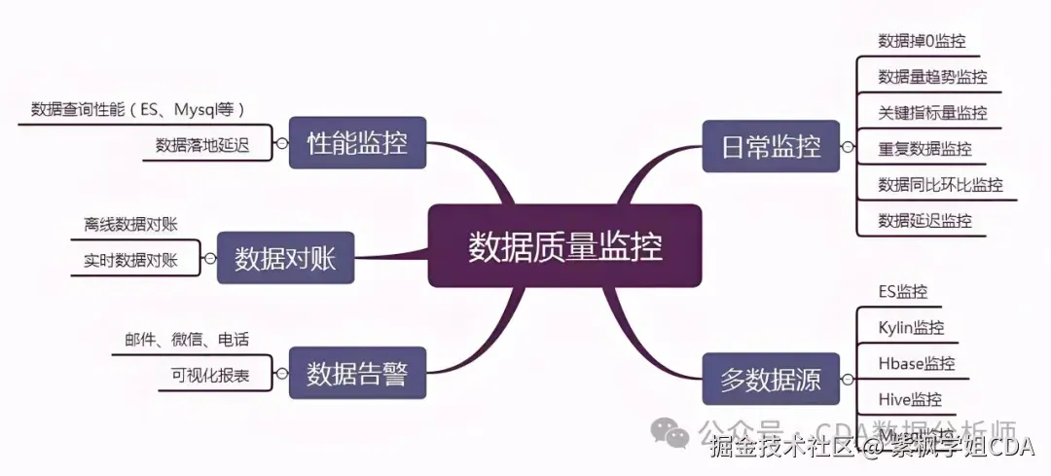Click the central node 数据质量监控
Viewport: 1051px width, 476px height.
tap(564, 246)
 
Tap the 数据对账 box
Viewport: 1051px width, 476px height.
tap(285, 259)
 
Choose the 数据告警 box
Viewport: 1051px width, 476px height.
tap(357, 374)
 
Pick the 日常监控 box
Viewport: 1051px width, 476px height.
tap(771, 147)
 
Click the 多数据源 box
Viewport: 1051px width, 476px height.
tap(771, 380)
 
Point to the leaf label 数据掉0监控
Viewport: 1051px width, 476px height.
tap(922, 41)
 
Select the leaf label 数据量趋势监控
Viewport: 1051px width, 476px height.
tap(932, 77)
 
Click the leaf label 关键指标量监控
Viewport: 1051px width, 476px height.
tap(932, 113)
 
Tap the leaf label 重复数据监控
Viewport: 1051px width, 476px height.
tap(924, 149)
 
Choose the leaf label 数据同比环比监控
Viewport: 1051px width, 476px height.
tap(940, 185)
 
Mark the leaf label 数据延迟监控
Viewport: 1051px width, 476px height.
tap(924, 221)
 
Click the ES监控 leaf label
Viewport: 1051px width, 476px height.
tap(902, 292)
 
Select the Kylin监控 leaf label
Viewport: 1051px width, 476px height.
tap(911, 328)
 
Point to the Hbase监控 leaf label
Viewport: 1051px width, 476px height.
tap(916, 364)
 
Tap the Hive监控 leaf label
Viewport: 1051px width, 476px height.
tap(910, 400)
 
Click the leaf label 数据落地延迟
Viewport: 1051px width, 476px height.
tap(202, 145)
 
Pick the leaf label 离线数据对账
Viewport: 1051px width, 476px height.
tap(130, 224)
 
